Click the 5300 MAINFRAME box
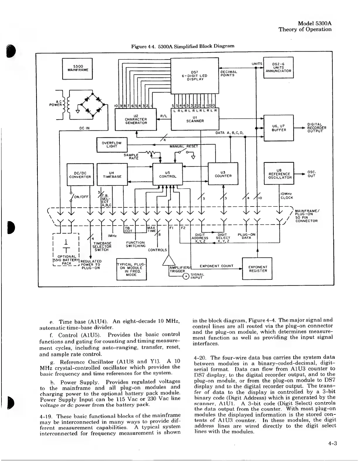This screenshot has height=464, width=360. [x=77, y=69]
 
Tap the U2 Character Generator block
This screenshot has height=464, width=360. [x=136, y=119]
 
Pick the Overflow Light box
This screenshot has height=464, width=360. [x=112, y=145]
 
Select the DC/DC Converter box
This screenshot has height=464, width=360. [x=80, y=175]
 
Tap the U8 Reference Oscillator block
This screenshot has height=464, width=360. [x=279, y=173]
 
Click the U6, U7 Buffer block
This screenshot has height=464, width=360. [x=279, y=128]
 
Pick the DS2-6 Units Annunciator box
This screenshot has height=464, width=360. [x=278, y=67]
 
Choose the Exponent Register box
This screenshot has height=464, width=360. [x=257, y=269]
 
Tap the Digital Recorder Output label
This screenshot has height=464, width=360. [x=316, y=128]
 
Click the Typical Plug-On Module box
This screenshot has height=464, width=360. [x=131, y=269]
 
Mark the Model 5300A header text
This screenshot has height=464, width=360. [x=314, y=23]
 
